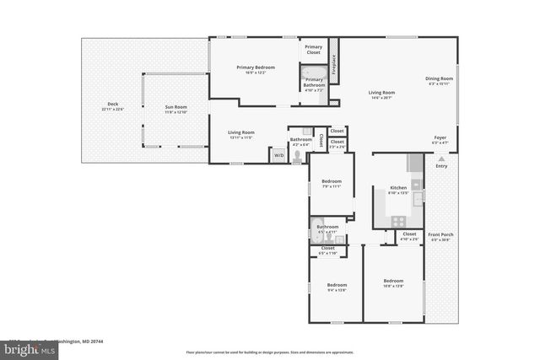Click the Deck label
[112, 105]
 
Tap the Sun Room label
[175, 107]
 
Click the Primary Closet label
[313, 49]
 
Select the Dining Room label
[439, 79]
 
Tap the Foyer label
[440, 137]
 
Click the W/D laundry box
[278, 155]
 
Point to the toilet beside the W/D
[296, 156]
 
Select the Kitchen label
[398, 187]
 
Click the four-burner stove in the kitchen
[397, 220]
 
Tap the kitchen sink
[416, 185]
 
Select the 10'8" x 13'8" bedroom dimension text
[393, 286]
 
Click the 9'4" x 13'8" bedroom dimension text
[337, 290]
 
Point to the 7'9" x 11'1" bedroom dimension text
[331, 186]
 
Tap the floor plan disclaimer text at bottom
[269, 352]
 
